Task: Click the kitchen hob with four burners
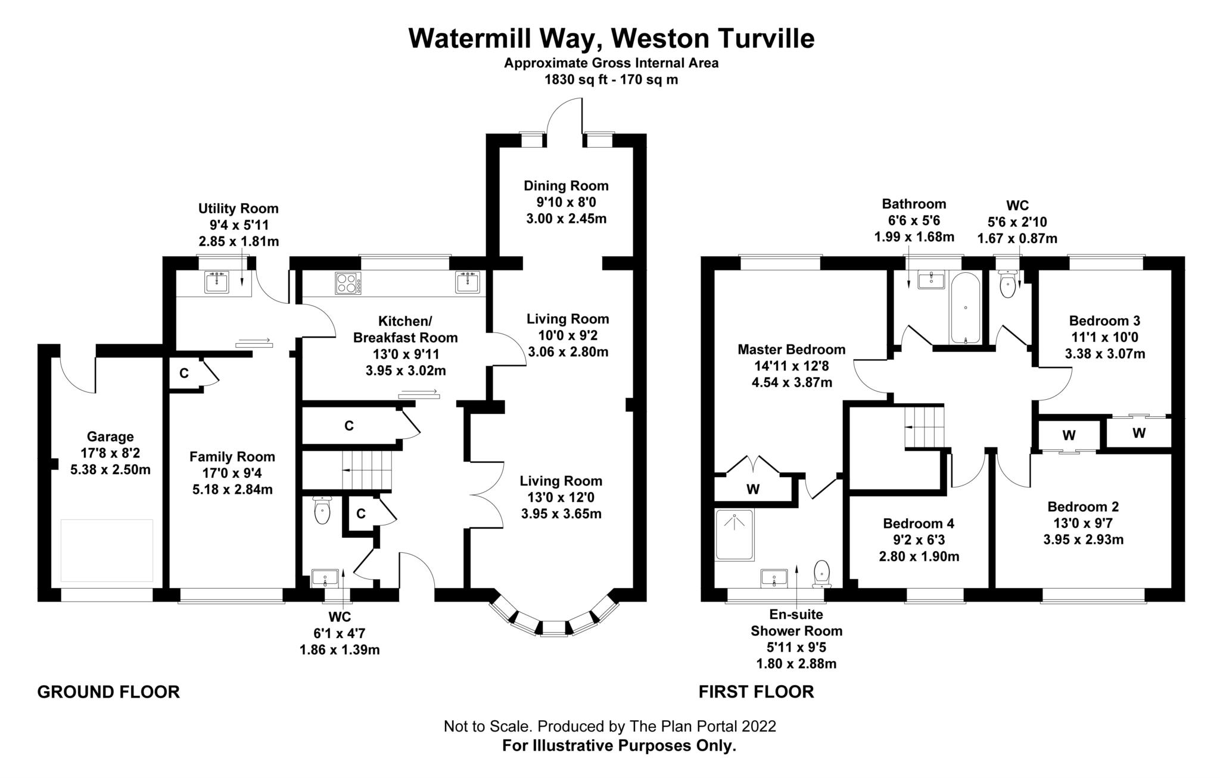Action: click(348, 283)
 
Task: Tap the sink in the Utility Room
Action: click(216, 282)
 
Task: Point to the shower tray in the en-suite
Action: click(734, 534)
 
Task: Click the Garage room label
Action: click(110, 437)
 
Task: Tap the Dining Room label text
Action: click(566, 186)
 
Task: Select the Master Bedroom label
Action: click(791, 349)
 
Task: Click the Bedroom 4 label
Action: click(918, 523)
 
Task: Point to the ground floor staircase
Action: click(366, 470)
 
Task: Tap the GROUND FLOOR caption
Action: click(108, 692)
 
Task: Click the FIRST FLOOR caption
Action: click(756, 692)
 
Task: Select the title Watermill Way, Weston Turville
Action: click(611, 39)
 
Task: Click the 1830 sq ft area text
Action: click(611, 79)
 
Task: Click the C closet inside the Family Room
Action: click(184, 374)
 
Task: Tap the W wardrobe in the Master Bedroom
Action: click(753, 490)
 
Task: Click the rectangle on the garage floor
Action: click(107, 550)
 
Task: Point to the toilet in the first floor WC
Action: click(1007, 286)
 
